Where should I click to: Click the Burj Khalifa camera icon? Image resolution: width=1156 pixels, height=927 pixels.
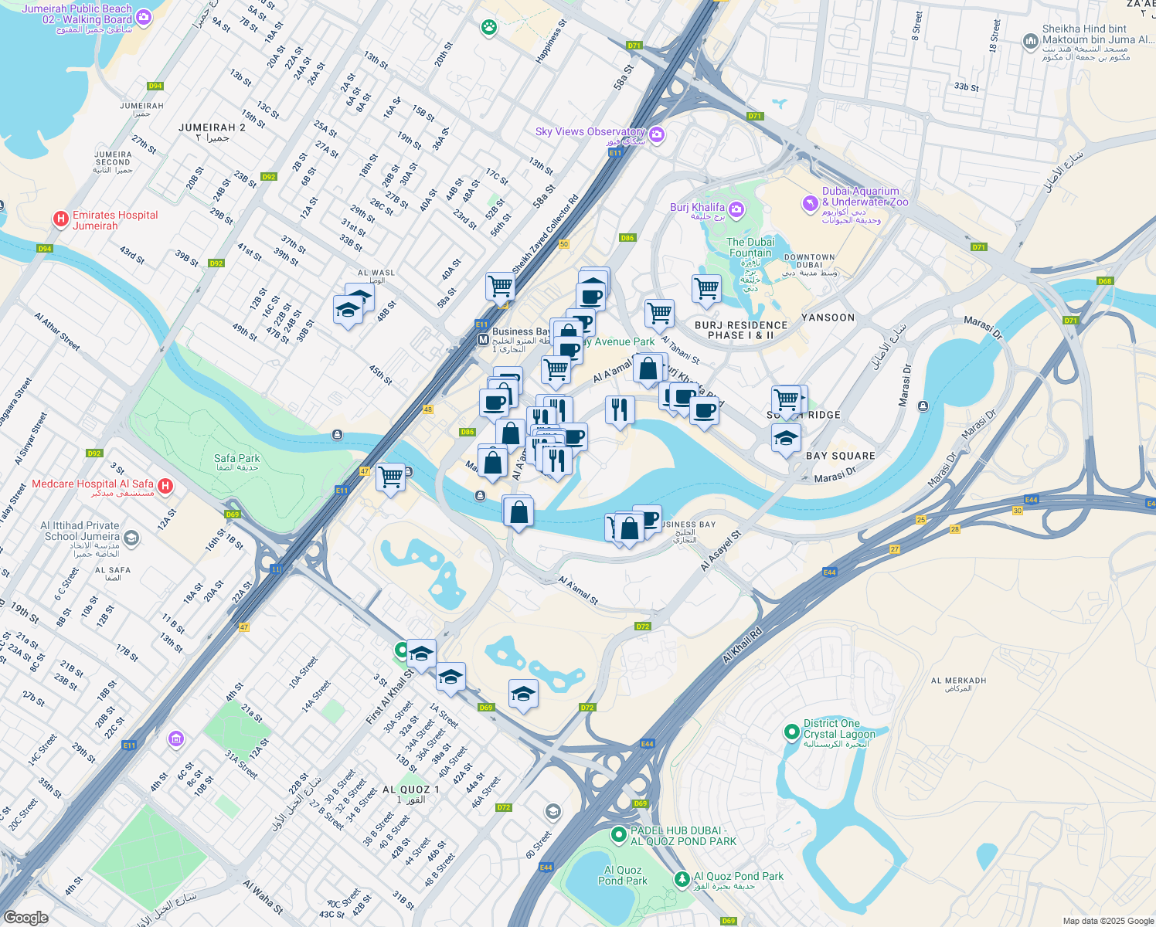(736, 209)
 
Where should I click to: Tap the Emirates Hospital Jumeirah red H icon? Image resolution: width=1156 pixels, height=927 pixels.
(61, 220)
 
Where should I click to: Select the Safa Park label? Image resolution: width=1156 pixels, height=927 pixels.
(236, 459)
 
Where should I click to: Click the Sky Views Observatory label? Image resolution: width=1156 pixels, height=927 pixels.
(590, 132)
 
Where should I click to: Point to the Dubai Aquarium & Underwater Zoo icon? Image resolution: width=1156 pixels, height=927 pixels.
(810, 203)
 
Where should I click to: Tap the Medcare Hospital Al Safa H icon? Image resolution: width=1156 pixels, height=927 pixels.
(165, 487)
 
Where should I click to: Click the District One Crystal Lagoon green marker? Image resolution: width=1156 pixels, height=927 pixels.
(791, 731)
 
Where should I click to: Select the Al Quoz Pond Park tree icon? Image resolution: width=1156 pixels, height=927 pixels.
(682, 879)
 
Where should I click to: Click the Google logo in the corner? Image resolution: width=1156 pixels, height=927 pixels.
(25, 918)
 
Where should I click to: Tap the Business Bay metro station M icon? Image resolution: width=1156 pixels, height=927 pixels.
(483, 339)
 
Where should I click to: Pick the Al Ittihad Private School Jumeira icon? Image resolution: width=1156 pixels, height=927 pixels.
(131, 538)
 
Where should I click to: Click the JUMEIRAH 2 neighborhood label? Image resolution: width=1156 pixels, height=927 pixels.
(212, 127)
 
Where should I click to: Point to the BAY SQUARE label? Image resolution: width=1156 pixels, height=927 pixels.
(840, 456)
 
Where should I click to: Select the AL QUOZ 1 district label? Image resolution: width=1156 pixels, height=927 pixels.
(410, 789)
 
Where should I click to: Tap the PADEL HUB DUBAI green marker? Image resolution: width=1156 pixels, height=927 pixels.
(618, 834)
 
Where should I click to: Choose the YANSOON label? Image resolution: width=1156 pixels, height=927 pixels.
(828, 317)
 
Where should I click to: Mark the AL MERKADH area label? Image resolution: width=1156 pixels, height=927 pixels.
(958, 681)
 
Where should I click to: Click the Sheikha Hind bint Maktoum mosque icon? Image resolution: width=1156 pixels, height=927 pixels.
(1030, 42)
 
